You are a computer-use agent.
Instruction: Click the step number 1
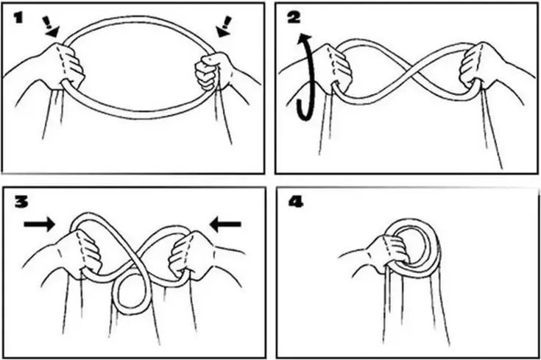pyautogui.click(x=18, y=18)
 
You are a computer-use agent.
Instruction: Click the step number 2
pyautogui.click(x=294, y=18)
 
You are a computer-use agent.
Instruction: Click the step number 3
pyautogui.click(x=21, y=202)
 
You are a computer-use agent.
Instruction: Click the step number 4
pyautogui.click(x=296, y=202)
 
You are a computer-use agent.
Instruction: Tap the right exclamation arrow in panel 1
pyautogui.click(x=224, y=27)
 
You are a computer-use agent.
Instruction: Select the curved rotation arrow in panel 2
pyautogui.click(x=305, y=77)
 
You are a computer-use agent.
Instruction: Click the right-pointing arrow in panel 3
pyautogui.click(x=39, y=225)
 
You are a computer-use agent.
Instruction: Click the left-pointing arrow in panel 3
pyautogui.click(x=225, y=225)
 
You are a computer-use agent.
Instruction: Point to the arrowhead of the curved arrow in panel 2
pyautogui.click(x=305, y=39)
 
